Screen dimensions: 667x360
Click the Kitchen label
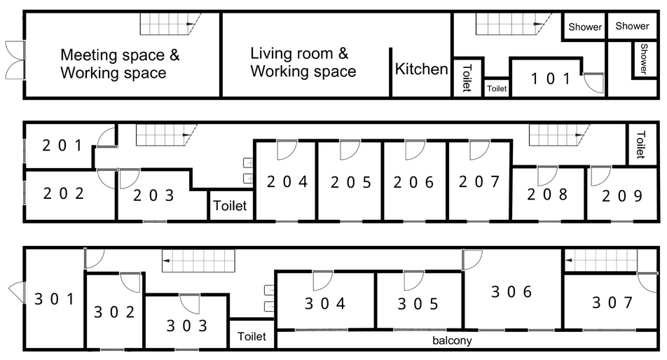422,69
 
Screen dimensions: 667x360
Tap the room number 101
551,78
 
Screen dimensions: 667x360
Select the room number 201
62,146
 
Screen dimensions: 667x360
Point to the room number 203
153,195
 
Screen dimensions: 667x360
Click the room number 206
413,182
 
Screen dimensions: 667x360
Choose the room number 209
622,196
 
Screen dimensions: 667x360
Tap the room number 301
55,299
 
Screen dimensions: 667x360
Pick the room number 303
187,326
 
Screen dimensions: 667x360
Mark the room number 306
511,291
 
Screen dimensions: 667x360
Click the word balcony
452,340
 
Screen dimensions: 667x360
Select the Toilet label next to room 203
230,206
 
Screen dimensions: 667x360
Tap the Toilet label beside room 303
252,336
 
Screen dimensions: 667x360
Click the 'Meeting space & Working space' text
120,64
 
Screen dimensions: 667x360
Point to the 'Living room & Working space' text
303,62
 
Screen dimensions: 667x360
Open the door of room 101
593,83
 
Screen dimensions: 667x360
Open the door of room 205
350,150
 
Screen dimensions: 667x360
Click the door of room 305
413,281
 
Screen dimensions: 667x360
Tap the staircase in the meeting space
170,24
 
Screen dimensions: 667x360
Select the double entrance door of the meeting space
15,60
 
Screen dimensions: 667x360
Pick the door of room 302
130,282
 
